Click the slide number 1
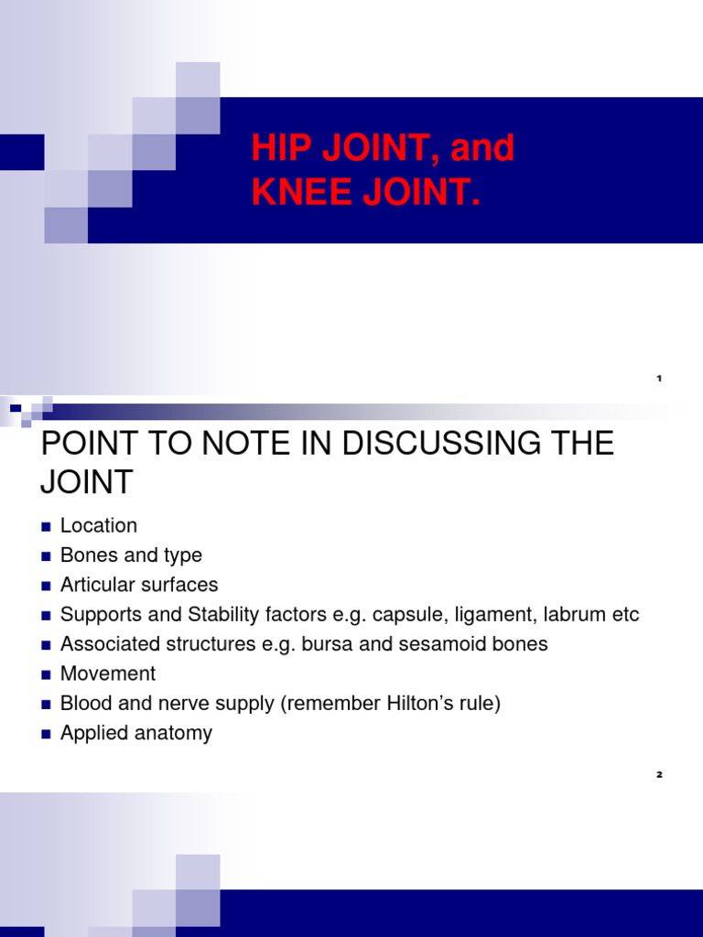(659, 378)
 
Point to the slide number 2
(659, 775)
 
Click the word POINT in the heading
(85, 444)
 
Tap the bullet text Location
(99, 525)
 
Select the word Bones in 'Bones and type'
(87, 555)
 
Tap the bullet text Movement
(108, 673)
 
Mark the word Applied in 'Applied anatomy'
(92, 733)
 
